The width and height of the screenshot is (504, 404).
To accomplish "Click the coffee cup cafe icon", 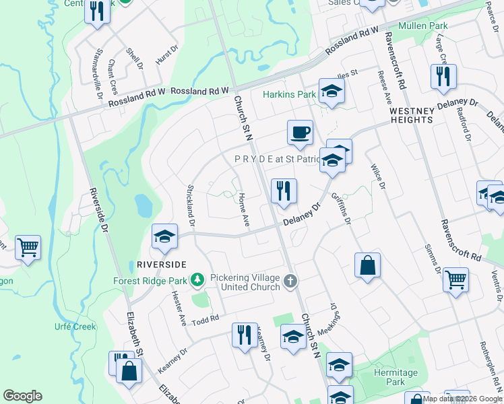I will coord(300,132).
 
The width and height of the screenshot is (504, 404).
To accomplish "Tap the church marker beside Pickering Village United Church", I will coord(290,281).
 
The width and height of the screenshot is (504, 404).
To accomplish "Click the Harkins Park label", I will coord(289,94).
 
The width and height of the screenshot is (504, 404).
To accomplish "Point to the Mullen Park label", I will coord(442,26).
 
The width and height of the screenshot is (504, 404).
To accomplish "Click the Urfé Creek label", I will coord(75,327).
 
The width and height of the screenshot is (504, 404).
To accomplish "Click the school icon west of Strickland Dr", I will coord(164,236).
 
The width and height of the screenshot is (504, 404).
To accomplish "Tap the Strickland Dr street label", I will coord(191,205).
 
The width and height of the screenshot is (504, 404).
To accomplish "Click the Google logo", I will coord(22,396).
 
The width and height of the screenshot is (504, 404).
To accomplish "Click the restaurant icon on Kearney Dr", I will coord(244,335).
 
